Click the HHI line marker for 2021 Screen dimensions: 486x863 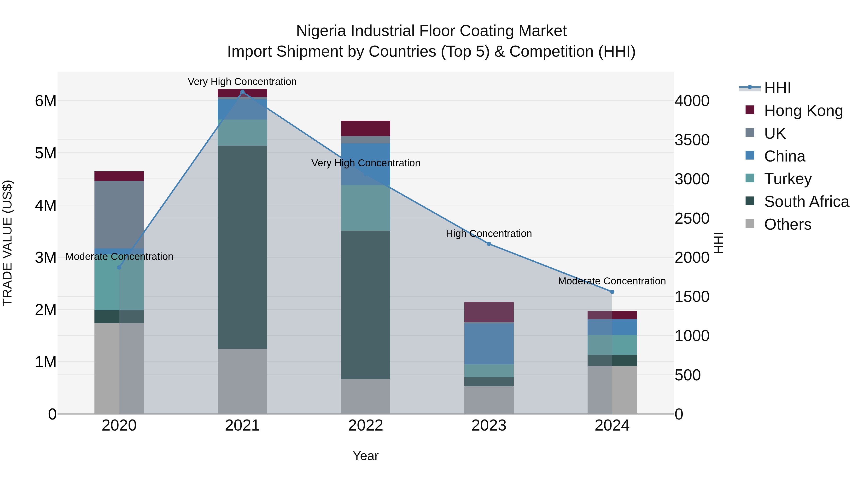(242, 92)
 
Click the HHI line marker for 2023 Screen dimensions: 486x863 (489, 244)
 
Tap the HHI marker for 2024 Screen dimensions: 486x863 (612, 292)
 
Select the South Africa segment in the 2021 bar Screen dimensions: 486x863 (242, 247)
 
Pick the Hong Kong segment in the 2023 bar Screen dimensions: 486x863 (489, 312)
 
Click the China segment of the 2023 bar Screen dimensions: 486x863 (489, 343)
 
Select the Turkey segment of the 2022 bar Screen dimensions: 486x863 (366, 208)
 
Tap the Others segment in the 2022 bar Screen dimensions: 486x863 (366, 396)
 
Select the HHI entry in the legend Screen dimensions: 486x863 (777, 88)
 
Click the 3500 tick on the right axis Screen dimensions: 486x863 (692, 140)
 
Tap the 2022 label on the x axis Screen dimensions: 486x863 (366, 426)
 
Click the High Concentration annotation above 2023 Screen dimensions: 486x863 (489, 234)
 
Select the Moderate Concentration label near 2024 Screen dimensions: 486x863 (612, 281)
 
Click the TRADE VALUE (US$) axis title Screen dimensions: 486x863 (7, 243)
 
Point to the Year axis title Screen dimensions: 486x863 (366, 456)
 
